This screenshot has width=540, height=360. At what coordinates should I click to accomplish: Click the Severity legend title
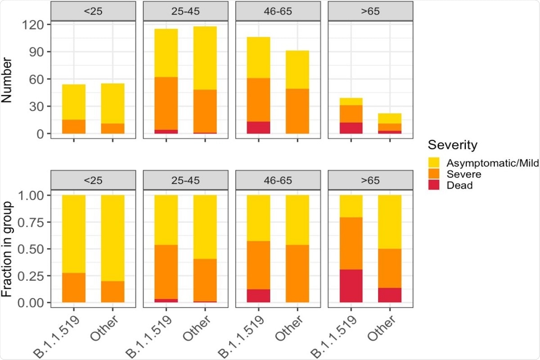pyautogui.click(x=452, y=145)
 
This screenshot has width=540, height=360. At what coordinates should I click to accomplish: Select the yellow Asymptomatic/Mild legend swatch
pyautogui.click(x=435, y=163)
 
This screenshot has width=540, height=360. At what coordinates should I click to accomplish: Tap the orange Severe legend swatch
pyautogui.click(x=435, y=174)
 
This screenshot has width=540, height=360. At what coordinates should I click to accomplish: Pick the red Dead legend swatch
pyautogui.click(x=435, y=185)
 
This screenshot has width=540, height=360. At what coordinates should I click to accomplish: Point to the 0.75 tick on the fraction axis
pyautogui.click(x=31, y=222)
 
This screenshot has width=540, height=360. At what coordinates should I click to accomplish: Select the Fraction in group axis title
pyautogui.click(x=7, y=249)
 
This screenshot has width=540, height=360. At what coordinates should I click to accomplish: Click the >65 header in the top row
pyautogui.click(x=370, y=11)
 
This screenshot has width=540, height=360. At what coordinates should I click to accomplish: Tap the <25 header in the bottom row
pyautogui.click(x=93, y=180)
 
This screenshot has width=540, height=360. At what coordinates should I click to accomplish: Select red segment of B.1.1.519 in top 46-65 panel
pyautogui.click(x=258, y=128)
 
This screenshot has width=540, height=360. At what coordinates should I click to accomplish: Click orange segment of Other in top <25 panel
pyautogui.click(x=112, y=129)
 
